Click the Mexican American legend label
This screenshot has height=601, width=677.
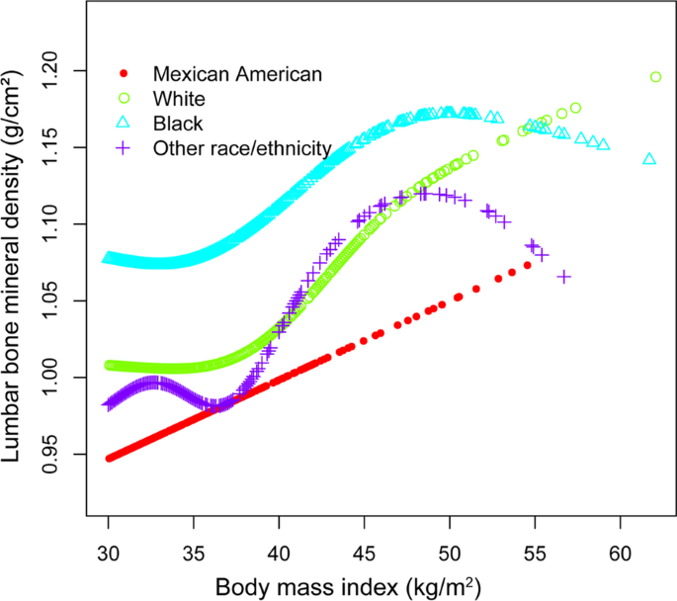pos(237,74)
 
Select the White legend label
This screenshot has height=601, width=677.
pos(179,99)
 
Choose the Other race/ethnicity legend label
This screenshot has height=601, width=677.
pos(241,148)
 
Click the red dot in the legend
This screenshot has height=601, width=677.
pos(124,74)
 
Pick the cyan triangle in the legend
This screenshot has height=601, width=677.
pos(124,124)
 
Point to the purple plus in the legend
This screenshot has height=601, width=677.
pos(124,148)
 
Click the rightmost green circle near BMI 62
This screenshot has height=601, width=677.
pos(655,77)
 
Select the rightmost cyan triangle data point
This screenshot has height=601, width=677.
pos(649,159)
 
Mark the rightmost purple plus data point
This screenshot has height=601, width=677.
pos(564,277)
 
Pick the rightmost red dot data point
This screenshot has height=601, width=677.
pos(528,265)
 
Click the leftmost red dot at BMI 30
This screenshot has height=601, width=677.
pos(109,458)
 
